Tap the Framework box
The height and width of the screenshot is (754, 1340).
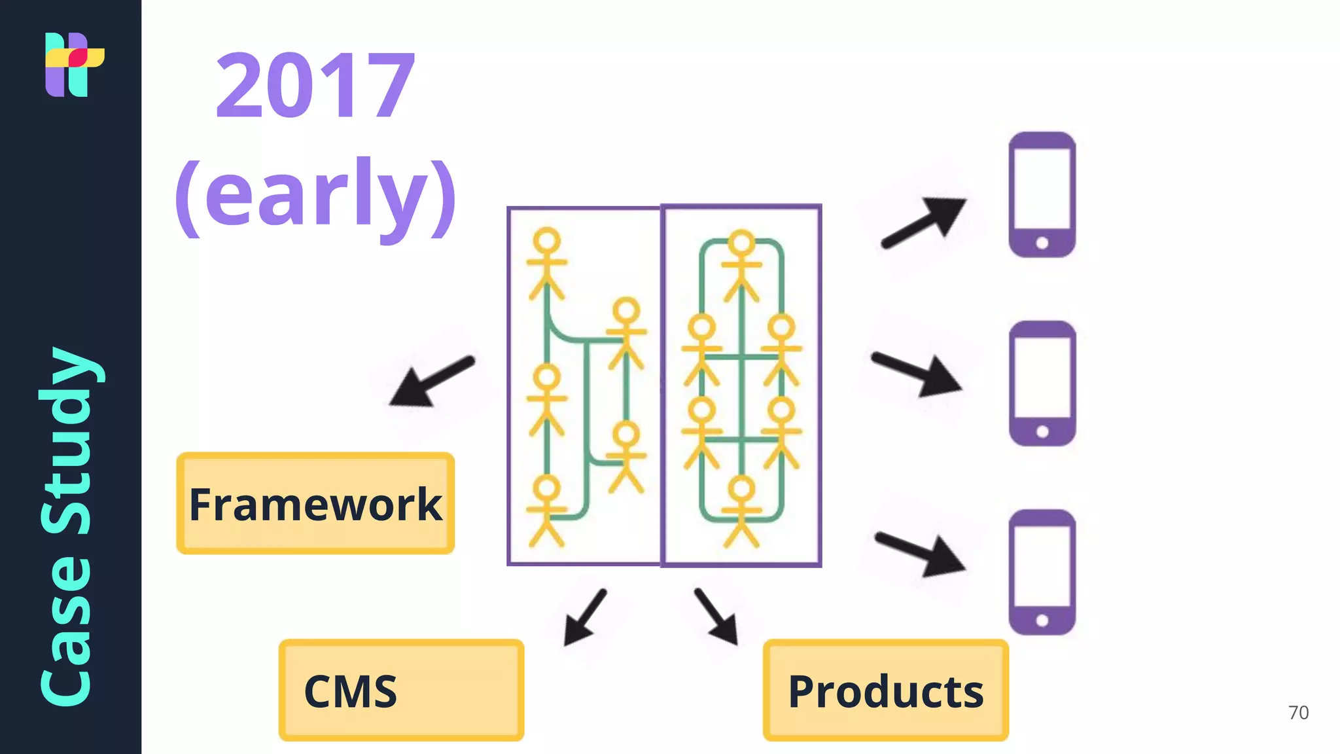click(x=315, y=503)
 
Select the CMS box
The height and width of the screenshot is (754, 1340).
click(x=401, y=691)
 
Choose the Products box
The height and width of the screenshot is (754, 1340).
click(x=885, y=691)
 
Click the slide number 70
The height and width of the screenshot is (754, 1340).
click(x=1298, y=712)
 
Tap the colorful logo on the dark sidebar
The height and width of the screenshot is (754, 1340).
click(x=73, y=64)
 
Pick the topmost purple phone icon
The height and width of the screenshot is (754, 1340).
click(x=1042, y=194)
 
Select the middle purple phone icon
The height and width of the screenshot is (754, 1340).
click(x=1042, y=384)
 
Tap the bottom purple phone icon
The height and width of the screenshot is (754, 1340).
click(x=1042, y=572)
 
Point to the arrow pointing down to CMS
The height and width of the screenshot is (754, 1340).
click(x=584, y=618)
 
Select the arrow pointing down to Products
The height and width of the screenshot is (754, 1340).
click(x=717, y=617)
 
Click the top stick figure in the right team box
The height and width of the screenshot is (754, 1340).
click(x=741, y=265)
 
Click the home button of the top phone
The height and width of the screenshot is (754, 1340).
click(x=1042, y=243)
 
